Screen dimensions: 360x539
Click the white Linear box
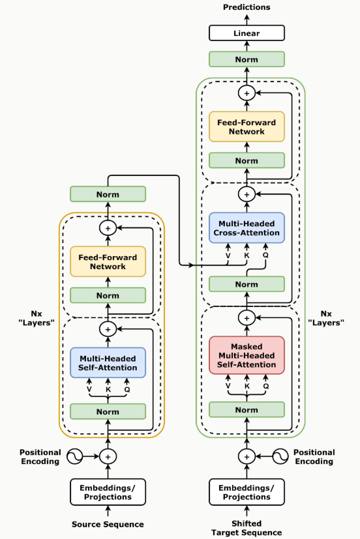(247, 33)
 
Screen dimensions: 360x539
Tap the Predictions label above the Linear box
(247, 7)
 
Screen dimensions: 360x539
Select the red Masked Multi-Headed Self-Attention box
(247, 355)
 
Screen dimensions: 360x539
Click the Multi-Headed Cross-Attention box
(247, 228)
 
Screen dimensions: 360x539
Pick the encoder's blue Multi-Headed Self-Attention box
(108, 362)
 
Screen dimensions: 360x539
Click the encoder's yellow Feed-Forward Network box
(108, 261)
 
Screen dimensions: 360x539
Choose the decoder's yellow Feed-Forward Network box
(247, 127)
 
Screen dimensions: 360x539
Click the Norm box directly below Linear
(247, 59)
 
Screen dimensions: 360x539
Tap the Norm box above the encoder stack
(108, 194)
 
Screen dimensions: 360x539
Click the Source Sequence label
(108, 524)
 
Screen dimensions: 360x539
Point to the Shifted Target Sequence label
(247, 528)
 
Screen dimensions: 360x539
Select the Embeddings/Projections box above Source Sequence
(108, 492)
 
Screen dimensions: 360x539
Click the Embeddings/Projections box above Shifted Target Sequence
(247, 492)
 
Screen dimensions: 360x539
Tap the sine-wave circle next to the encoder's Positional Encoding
(74, 456)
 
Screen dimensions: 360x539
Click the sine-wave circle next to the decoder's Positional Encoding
(280, 456)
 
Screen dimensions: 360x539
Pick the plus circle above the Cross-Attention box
(247, 194)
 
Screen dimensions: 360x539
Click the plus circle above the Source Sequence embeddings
(108, 456)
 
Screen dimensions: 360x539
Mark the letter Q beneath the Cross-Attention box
(265, 255)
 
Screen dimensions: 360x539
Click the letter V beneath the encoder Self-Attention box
(89, 390)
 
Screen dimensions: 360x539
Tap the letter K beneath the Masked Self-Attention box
(247, 386)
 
